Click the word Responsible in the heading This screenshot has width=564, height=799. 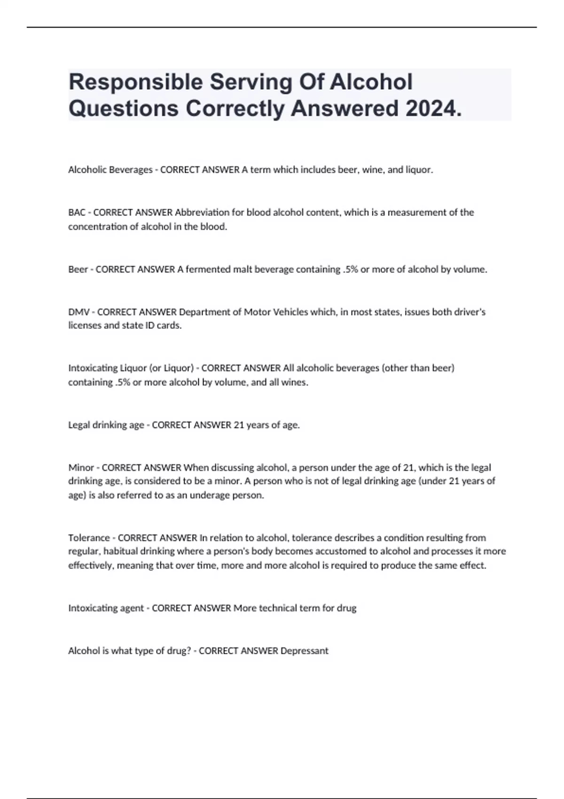[135, 82]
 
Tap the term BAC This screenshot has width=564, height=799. [77, 212]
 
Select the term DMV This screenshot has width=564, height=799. [78, 312]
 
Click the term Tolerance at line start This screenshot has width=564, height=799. [89, 538]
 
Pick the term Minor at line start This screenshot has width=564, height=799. [81, 468]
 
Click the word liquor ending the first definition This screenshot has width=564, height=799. [419, 170]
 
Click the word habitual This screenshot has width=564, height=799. [121, 551]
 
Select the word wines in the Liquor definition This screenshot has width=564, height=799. [295, 382]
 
